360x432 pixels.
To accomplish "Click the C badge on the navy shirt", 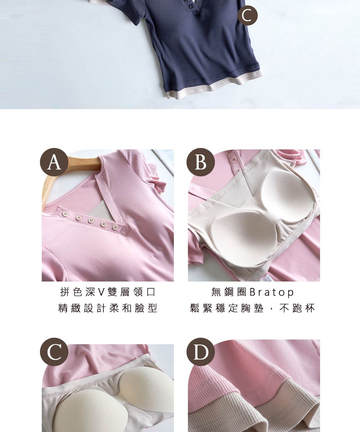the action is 248,15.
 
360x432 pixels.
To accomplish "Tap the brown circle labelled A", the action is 54,162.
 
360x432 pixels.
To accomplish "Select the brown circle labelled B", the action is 201,162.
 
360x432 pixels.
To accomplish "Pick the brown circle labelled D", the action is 201,352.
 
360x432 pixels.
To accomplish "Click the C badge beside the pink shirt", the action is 54,352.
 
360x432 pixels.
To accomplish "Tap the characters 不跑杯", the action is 297,308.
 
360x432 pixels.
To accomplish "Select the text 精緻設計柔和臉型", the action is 108,308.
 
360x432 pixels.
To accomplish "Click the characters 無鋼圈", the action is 229,292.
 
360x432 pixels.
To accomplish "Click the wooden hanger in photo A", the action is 62,176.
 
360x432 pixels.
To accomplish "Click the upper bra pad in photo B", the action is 288,190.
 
